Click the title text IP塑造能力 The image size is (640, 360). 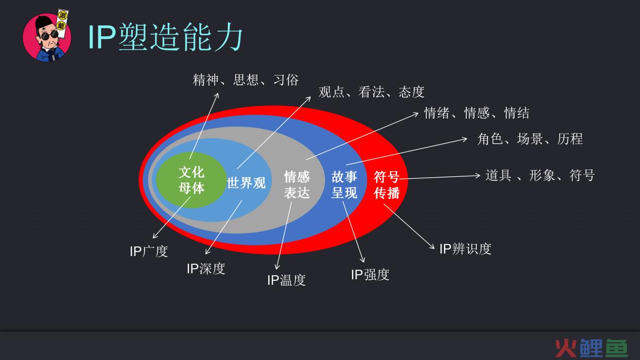click(x=165, y=37)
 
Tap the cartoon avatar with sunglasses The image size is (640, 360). click(x=47, y=36)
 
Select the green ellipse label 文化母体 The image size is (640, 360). click(x=191, y=180)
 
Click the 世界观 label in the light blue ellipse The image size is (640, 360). click(x=247, y=183)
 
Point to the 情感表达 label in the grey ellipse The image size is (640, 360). click(x=297, y=185)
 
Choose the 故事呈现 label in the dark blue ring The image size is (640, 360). click(x=344, y=185)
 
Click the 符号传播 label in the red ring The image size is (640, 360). click(x=386, y=185)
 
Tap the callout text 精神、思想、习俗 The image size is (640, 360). click(x=245, y=80)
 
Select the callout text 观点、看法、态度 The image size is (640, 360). click(x=371, y=92)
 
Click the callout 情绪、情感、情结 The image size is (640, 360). click(x=476, y=113)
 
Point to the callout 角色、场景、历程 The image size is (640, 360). click(x=530, y=139)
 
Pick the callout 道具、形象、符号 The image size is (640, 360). click(x=540, y=175)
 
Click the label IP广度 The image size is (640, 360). click(x=149, y=251)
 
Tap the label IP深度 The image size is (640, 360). click(x=206, y=269)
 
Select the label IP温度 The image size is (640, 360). click(x=286, y=280)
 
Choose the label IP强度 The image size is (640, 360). click(x=370, y=275)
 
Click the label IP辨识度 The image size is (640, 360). click(x=465, y=249)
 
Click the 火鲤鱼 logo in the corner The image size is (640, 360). click(x=591, y=348)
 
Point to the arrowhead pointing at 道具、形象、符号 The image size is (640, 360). click(x=478, y=175)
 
